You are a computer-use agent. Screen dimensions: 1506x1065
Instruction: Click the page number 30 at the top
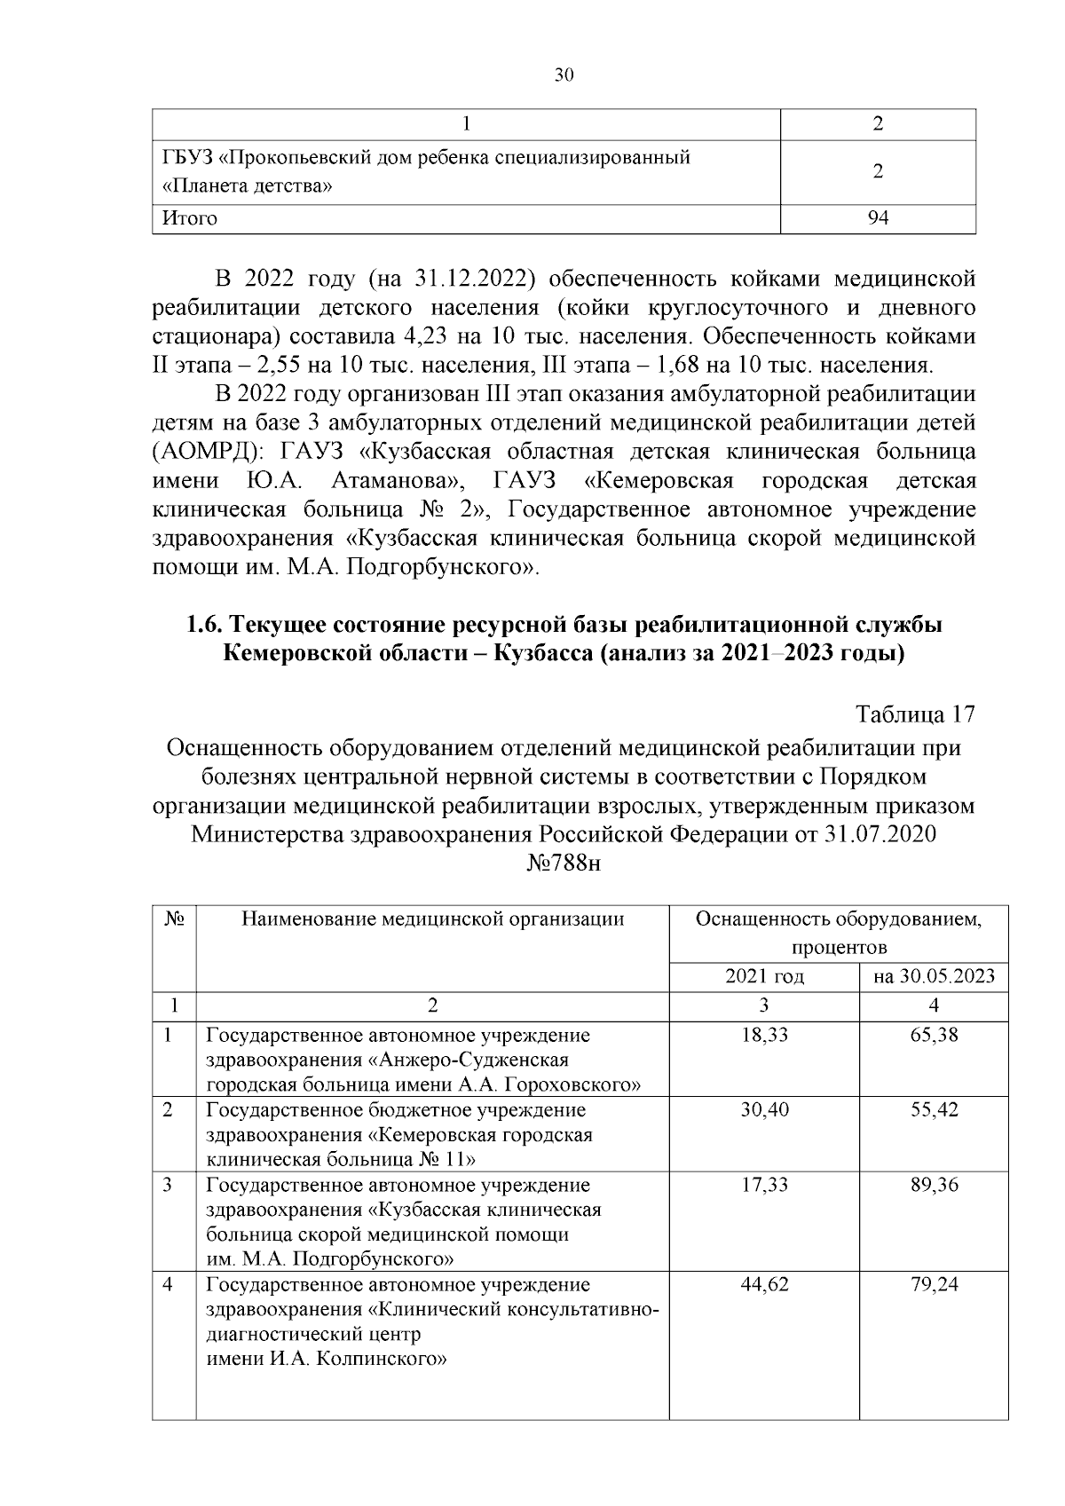click(564, 75)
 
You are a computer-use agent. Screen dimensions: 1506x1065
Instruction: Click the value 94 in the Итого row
click(878, 218)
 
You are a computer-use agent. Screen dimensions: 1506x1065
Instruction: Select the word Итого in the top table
click(189, 218)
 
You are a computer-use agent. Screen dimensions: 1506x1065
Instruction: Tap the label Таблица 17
click(915, 714)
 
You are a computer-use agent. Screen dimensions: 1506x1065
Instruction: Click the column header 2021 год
click(764, 977)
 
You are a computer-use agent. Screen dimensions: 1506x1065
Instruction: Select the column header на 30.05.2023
click(934, 977)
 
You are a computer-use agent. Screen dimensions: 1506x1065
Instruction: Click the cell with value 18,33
click(764, 1036)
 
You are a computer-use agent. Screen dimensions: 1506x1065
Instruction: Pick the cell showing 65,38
click(934, 1036)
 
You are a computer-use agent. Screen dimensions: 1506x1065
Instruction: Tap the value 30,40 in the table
click(764, 1110)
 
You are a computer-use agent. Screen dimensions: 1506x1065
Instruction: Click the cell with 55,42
click(934, 1110)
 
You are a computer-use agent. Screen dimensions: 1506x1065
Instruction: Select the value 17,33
click(764, 1185)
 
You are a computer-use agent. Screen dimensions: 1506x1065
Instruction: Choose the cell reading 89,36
click(934, 1185)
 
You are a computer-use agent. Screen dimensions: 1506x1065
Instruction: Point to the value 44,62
click(764, 1284)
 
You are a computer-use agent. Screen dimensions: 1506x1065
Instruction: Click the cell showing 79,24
click(934, 1284)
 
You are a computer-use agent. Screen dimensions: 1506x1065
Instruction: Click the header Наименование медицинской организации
click(432, 919)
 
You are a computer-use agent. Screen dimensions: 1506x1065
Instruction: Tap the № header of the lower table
click(174, 919)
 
